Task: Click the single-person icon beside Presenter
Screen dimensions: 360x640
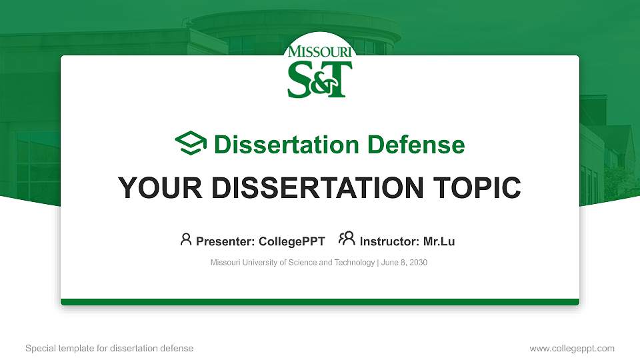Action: click(186, 239)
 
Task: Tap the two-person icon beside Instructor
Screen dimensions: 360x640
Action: click(347, 239)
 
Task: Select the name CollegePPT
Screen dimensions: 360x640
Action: click(291, 241)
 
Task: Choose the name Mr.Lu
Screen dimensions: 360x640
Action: click(439, 241)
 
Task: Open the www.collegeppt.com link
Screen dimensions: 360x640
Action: click(571, 348)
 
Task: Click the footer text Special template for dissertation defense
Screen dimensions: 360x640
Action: click(109, 348)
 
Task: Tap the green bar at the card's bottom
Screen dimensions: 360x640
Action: click(320, 302)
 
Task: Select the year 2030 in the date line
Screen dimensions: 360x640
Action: click(418, 263)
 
